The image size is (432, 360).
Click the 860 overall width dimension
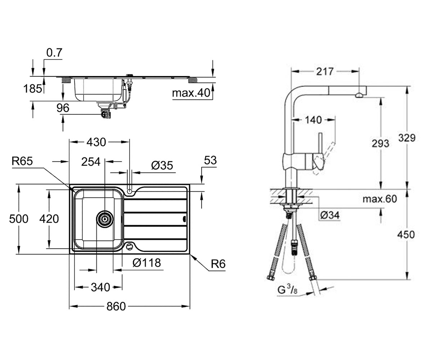pyautogui.click(x=116, y=306)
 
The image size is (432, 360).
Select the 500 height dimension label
pyautogui.click(x=19, y=219)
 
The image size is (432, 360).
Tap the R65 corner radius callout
pyautogui.click(x=22, y=161)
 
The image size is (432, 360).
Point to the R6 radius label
pyautogui.click(x=218, y=264)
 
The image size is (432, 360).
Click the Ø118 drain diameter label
pyautogui.click(x=147, y=263)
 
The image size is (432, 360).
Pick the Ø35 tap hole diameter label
pyautogui.click(x=162, y=166)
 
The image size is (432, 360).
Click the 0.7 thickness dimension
pyautogui.click(x=54, y=53)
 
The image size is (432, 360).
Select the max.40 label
pyautogui.click(x=191, y=93)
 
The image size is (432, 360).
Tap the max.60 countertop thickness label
pyautogui.click(x=380, y=199)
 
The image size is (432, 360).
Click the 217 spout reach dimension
pyautogui.click(x=325, y=72)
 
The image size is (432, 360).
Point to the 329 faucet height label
pyautogui.click(x=407, y=138)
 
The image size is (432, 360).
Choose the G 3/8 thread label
pyautogui.click(x=287, y=290)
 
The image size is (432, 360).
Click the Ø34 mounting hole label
pyautogui.click(x=330, y=215)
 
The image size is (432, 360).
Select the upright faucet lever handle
pyautogui.click(x=320, y=143)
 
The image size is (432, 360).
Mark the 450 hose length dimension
pyautogui.click(x=406, y=235)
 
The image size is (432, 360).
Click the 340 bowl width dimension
pyautogui.click(x=100, y=287)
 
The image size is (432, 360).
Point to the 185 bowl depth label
pyautogui.click(x=32, y=89)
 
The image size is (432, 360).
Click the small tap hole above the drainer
pyautogui.click(x=130, y=191)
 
